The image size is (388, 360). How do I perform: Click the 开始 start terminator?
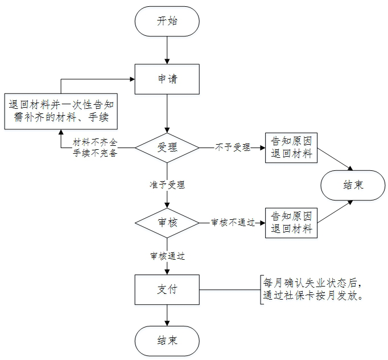coord(167,22)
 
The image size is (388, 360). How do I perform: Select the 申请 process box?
coord(167,79)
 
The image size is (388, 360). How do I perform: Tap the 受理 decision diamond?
coord(167,148)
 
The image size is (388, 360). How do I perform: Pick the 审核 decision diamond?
coord(167,222)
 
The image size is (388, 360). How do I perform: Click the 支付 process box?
coord(167,290)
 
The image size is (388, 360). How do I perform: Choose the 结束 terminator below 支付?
coord(167,341)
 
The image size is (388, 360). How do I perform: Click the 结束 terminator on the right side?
coord(353,185)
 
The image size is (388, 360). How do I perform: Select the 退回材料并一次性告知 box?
coord(62,111)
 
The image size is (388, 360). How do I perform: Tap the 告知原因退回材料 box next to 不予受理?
coord(292,148)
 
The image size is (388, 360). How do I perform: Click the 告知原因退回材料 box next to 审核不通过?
coord(292,222)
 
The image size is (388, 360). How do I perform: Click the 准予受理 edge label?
coord(167,185)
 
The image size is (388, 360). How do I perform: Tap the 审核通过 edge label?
coord(167,256)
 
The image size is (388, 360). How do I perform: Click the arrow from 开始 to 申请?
coord(167,51)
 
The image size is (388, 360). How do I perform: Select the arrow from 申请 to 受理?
coord(167,113)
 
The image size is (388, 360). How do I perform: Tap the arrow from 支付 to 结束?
coord(167,315)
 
